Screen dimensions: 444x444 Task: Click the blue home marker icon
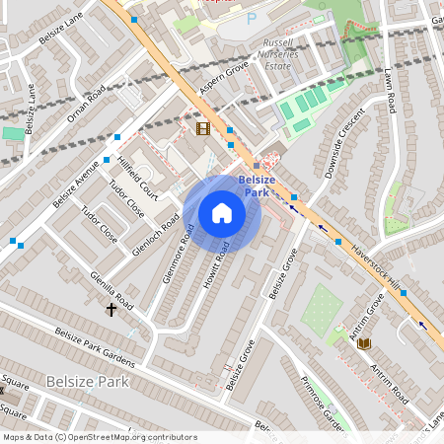(222, 213)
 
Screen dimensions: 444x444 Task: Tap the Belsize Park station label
(256, 185)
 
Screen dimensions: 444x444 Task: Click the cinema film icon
(203, 128)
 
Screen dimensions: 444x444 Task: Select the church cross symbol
(111, 310)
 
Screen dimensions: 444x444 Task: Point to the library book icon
(363, 342)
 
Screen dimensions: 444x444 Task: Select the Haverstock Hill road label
(377, 267)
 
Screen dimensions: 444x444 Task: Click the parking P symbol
(251, 18)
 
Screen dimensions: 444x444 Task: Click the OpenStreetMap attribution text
(100, 436)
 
